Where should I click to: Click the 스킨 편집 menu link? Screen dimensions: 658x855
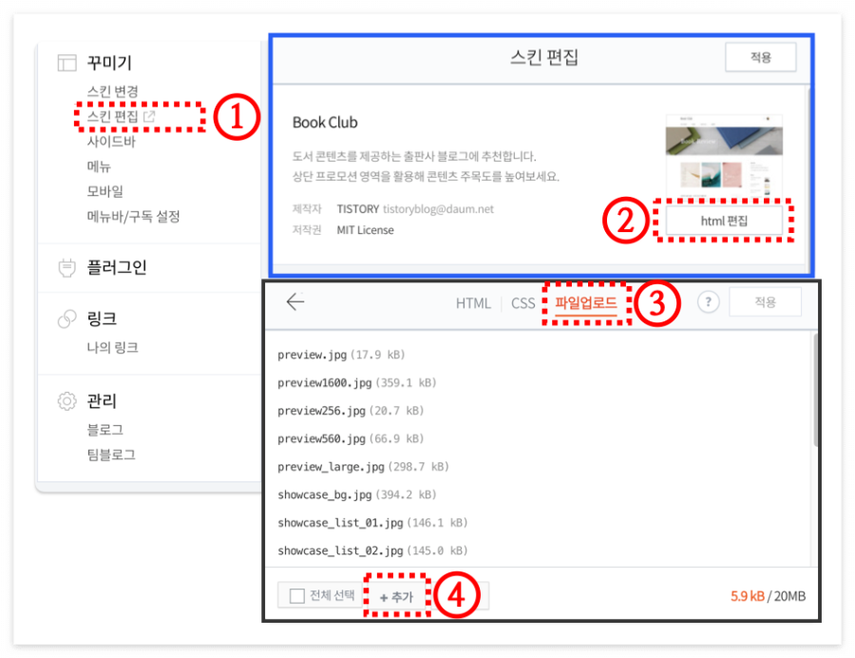pyautogui.click(x=112, y=117)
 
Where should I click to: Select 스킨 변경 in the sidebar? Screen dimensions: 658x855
pyautogui.click(x=112, y=92)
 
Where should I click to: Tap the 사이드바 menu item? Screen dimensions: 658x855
pyautogui.click(x=111, y=142)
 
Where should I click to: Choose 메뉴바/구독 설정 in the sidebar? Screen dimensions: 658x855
pyautogui.click(x=133, y=216)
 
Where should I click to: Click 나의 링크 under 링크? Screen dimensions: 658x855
pyautogui.click(x=112, y=347)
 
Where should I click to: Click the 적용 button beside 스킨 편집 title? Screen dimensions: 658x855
pyautogui.click(x=760, y=57)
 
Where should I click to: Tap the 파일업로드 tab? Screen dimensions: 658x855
pyautogui.click(x=585, y=303)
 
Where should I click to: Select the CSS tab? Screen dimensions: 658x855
pyautogui.click(x=523, y=303)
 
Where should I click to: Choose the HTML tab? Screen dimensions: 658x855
pyautogui.click(x=473, y=303)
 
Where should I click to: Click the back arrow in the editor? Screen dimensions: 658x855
pyautogui.click(x=295, y=302)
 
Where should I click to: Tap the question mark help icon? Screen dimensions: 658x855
pyautogui.click(x=708, y=302)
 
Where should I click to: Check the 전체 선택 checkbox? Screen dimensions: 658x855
pyautogui.click(x=297, y=596)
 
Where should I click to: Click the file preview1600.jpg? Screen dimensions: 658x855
pyautogui.click(x=324, y=382)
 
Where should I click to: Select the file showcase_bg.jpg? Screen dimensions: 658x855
pyautogui.click(x=324, y=494)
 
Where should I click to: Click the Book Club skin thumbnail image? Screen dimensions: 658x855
pyautogui.click(x=724, y=156)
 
